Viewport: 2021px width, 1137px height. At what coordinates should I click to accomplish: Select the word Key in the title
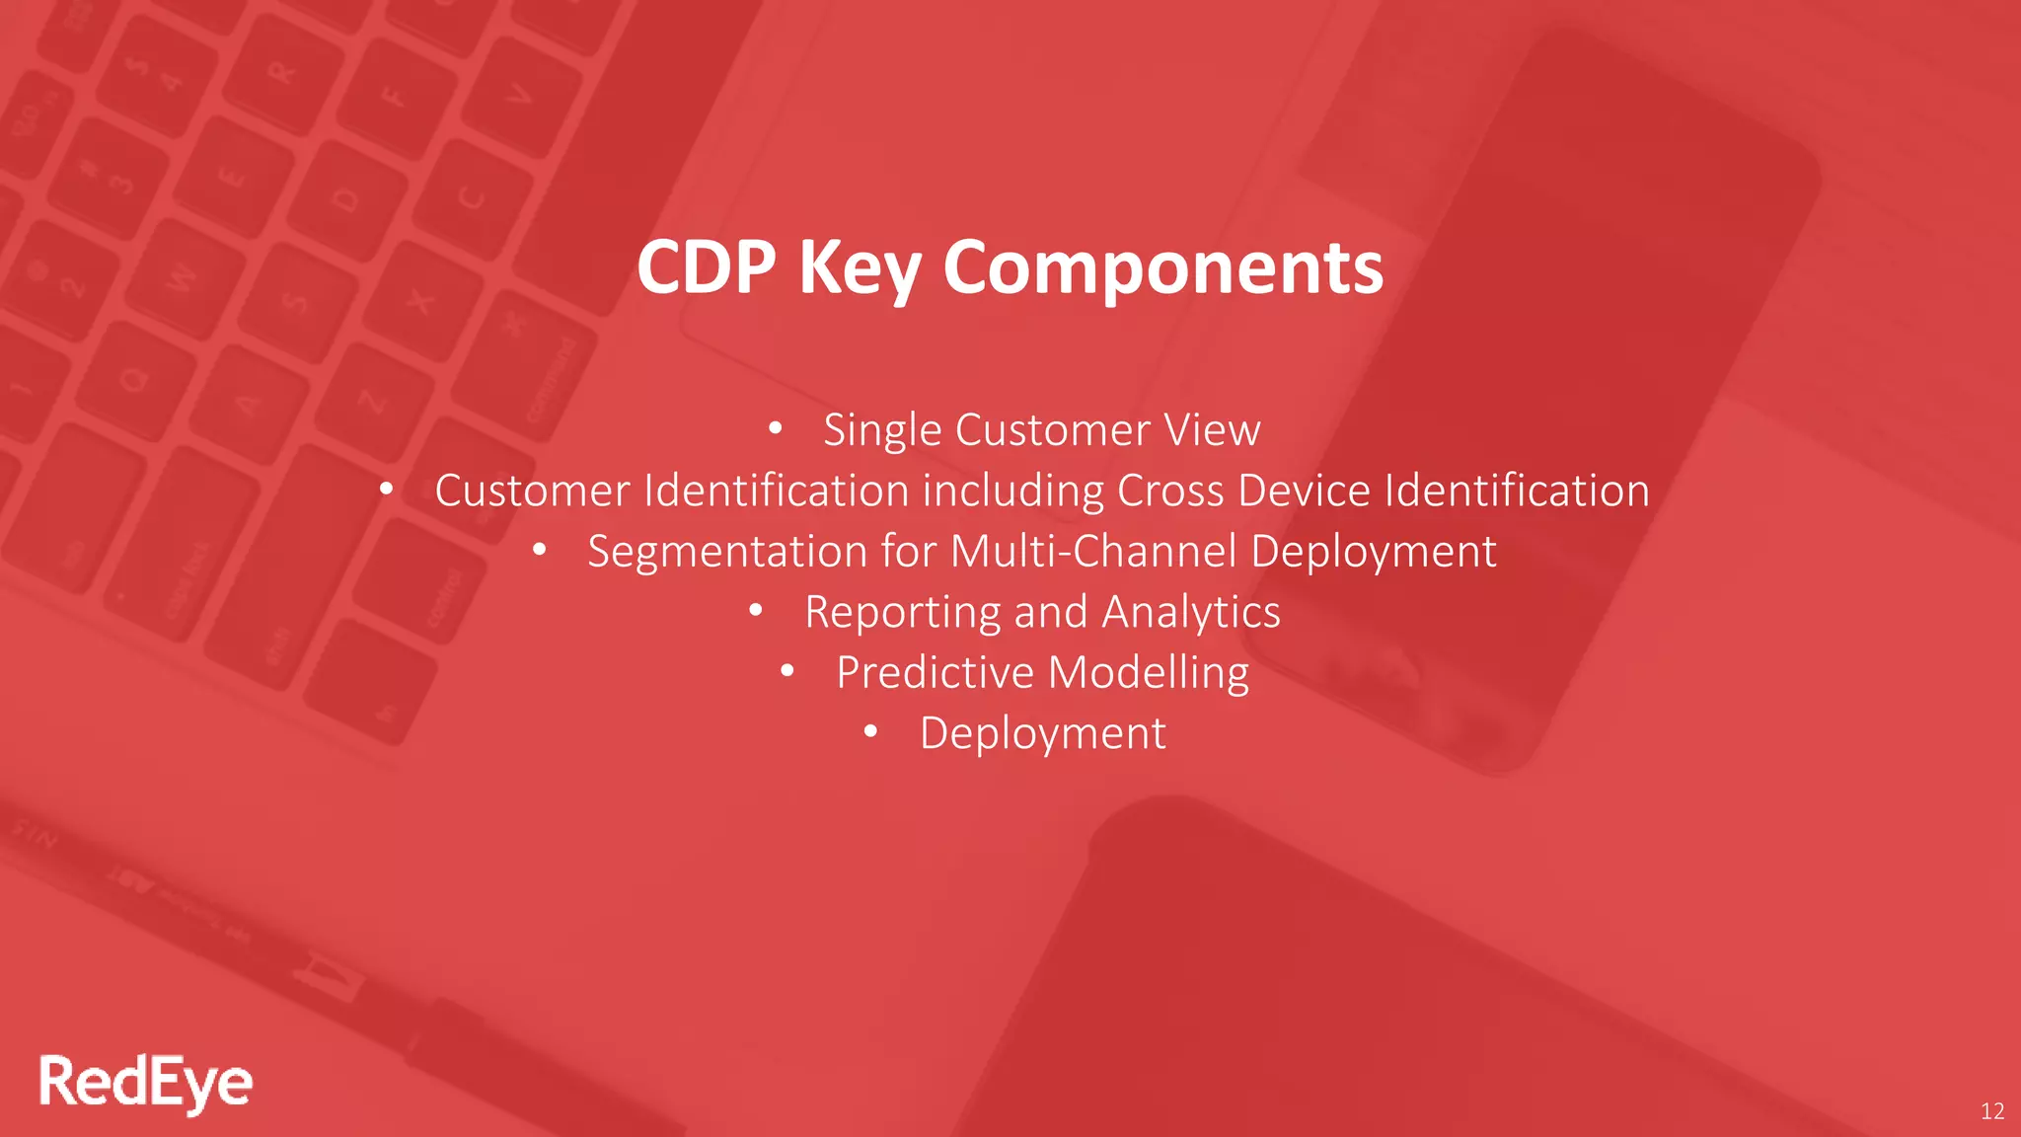[x=859, y=268]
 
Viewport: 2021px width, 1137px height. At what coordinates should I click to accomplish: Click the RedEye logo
[x=146, y=1083]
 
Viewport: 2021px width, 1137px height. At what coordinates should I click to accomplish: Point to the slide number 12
[x=1991, y=1111]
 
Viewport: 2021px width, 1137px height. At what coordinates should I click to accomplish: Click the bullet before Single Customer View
[x=776, y=428]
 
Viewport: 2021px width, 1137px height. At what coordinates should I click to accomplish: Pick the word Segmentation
[x=726, y=552]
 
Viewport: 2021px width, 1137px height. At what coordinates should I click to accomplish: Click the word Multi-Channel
[x=1092, y=551]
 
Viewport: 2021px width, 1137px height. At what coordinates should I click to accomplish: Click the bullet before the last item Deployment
[x=870, y=732]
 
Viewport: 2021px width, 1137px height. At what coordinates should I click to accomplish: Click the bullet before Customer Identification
[x=387, y=489]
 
